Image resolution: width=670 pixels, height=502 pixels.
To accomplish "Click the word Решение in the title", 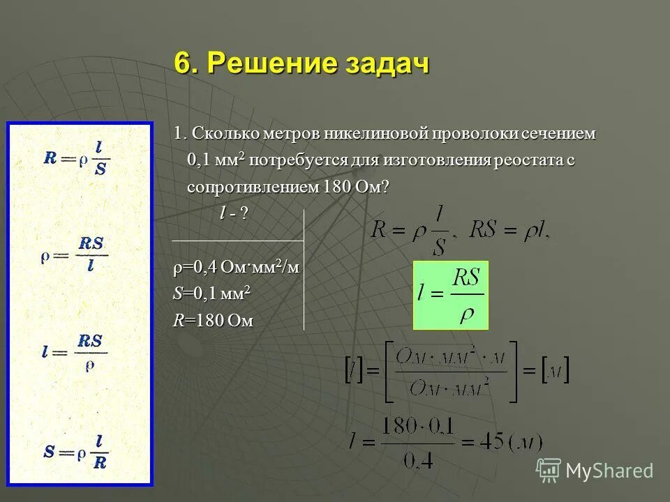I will pyautogui.click(x=269, y=64).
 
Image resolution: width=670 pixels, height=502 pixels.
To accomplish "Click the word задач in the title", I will pyautogui.click(x=385, y=64).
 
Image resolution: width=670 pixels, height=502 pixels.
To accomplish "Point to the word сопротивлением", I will pyautogui.click(x=253, y=187).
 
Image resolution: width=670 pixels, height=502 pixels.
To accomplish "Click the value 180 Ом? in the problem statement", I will pyautogui.click(x=355, y=187).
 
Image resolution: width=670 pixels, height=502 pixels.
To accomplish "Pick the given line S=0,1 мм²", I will pyautogui.click(x=211, y=294).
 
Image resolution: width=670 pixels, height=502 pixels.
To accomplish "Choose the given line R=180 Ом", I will pyautogui.click(x=213, y=321).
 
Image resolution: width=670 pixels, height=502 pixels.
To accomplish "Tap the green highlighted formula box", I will pyautogui.click(x=451, y=295).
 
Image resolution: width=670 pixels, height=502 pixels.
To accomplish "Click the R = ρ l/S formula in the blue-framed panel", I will pyautogui.click(x=77, y=158).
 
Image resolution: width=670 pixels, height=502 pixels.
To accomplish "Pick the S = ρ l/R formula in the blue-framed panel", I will pyautogui.click(x=77, y=450).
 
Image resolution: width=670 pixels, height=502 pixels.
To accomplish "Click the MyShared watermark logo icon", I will pyautogui.click(x=548, y=470).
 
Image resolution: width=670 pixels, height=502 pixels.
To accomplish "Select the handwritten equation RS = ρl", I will pyautogui.click(x=510, y=230).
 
